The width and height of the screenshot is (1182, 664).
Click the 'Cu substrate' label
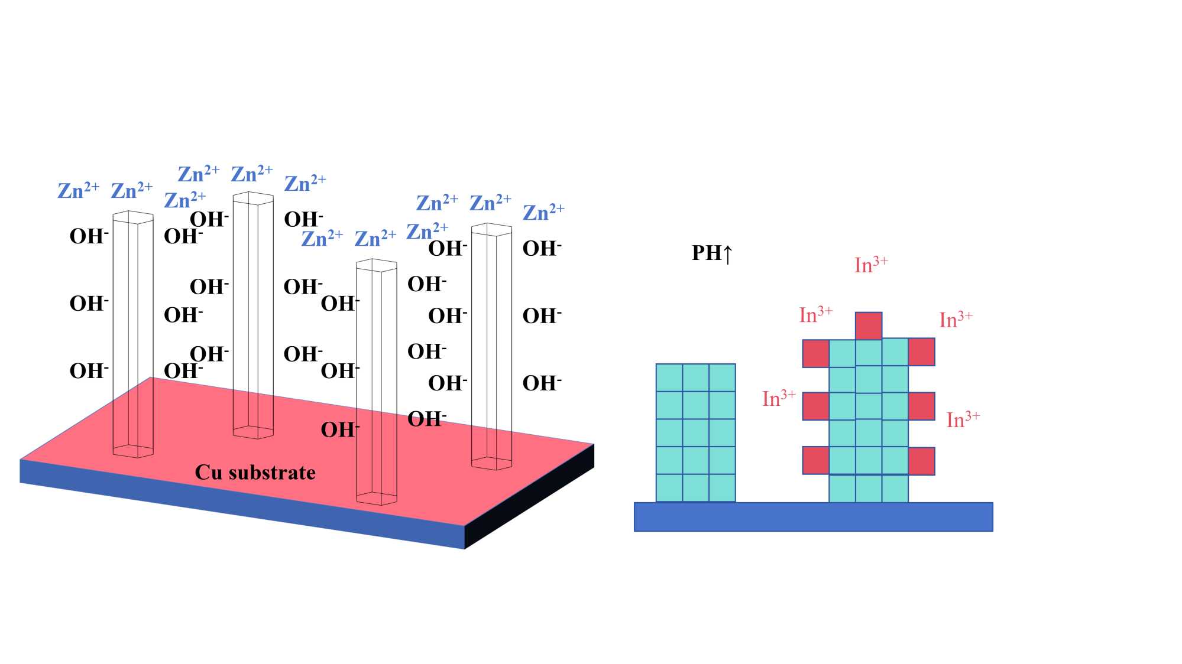tap(255, 473)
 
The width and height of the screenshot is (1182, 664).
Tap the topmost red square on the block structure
tap(868, 326)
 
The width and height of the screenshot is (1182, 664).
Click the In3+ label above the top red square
tap(871, 265)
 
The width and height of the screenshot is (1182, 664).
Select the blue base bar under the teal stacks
tap(813, 517)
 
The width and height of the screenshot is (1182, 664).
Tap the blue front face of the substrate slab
tap(237, 502)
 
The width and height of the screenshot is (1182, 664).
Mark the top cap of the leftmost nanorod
tap(133, 217)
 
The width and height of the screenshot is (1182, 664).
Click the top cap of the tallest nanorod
tap(253, 198)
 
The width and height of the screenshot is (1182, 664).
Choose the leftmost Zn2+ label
tap(78, 191)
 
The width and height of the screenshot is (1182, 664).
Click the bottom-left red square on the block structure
tap(815, 461)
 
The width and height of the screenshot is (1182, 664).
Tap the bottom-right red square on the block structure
tap(921, 461)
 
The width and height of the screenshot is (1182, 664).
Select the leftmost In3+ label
tap(779, 399)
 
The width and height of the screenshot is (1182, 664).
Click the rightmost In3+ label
tap(963, 419)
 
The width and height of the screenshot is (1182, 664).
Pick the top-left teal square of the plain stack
tap(669, 377)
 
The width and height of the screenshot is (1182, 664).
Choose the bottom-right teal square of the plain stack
tap(722, 488)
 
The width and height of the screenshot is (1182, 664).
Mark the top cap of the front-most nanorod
tap(376, 265)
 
